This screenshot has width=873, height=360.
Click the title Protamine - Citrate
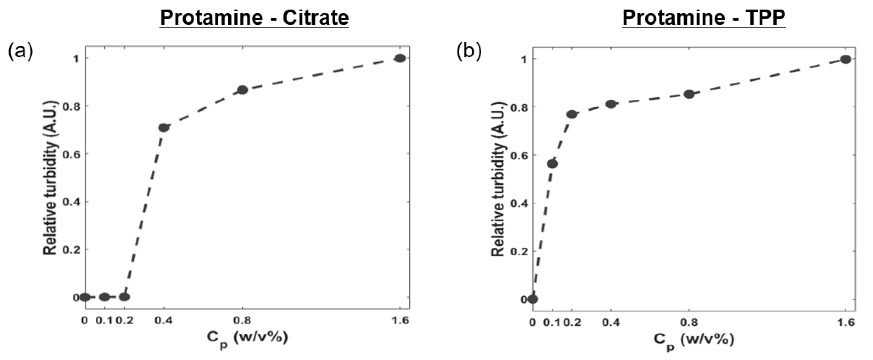tap(254, 18)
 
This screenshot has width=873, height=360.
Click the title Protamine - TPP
tap(704, 18)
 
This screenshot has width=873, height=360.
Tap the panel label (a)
tap(21, 52)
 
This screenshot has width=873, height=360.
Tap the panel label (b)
tap(469, 52)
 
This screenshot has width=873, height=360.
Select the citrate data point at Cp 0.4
tap(164, 128)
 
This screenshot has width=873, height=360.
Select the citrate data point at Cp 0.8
tap(242, 90)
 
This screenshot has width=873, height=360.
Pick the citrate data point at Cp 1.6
tap(400, 58)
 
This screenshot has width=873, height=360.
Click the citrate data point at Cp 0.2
tap(124, 297)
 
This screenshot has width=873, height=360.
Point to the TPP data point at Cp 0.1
tap(552, 164)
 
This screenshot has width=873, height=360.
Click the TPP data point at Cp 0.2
tap(572, 114)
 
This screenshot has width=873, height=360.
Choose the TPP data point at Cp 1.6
tap(846, 60)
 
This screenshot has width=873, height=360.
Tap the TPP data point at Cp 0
tap(533, 299)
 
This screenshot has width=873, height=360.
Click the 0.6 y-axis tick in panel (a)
tap(71, 154)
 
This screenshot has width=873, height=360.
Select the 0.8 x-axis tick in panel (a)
tap(242, 321)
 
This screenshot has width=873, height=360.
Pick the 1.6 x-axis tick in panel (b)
tap(846, 322)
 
